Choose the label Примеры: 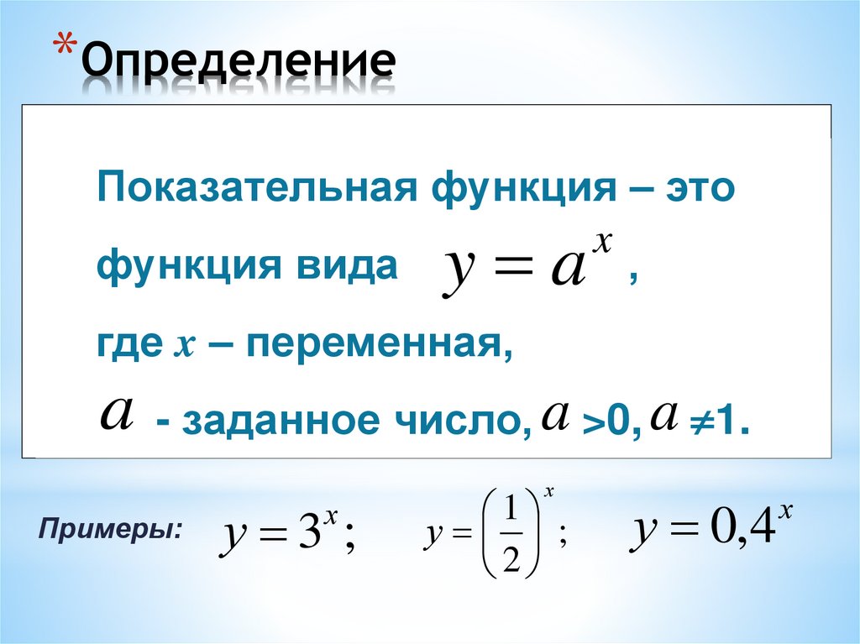(110, 530)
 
